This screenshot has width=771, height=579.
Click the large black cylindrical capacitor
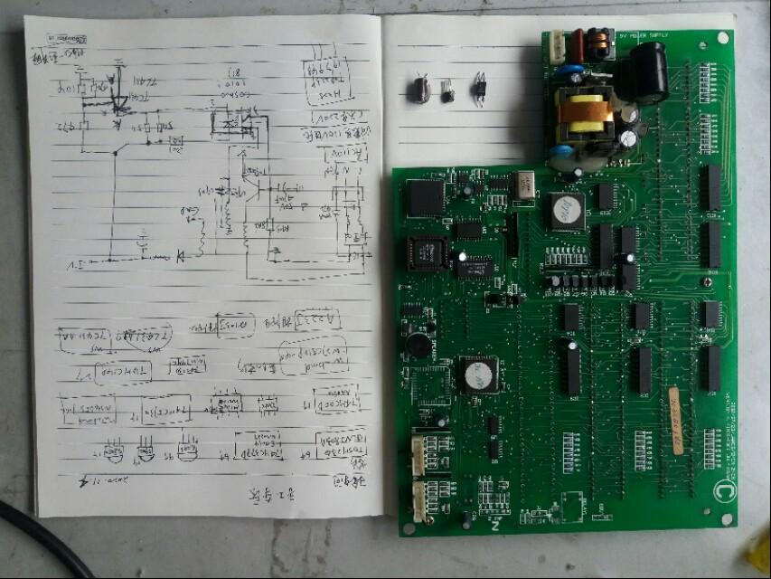649,71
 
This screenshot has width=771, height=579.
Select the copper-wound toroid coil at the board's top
597,40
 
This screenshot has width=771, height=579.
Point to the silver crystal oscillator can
525,185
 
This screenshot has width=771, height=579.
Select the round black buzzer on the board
418,344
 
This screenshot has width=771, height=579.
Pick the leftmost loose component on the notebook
418,89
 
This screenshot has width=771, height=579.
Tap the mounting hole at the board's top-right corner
722,37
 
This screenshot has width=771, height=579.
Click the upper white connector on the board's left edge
420,451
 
